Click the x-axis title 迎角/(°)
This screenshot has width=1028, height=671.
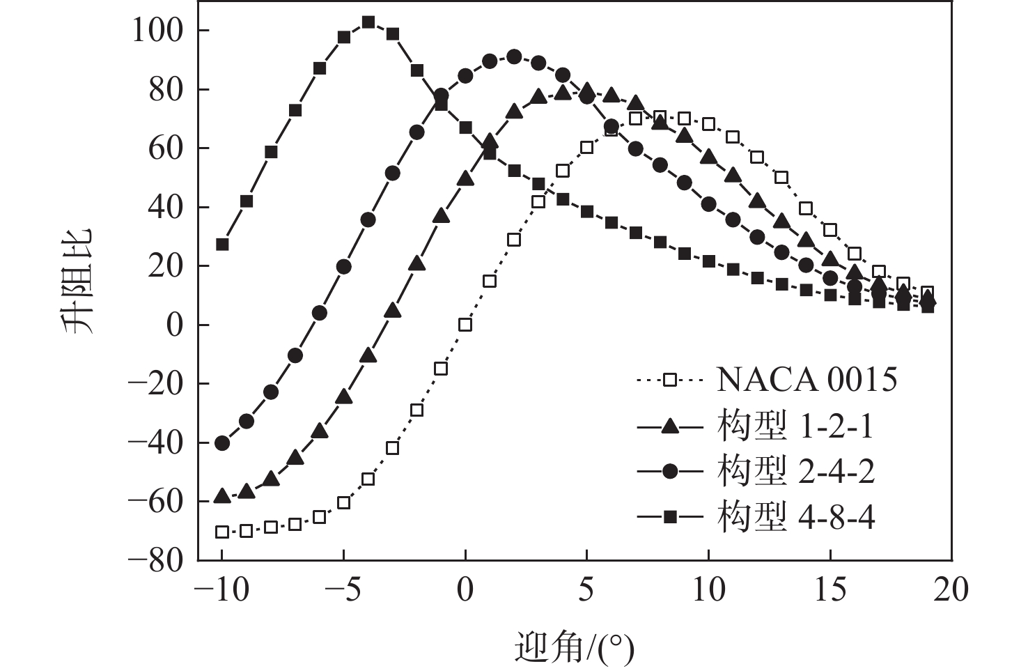tap(574, 649)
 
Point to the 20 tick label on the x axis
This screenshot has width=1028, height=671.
tap(951, 590)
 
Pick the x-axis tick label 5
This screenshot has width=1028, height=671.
tap(586, 590)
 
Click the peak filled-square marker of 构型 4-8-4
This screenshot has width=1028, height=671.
tap(368, 22)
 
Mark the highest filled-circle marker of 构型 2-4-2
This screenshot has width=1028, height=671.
tap(514, 56)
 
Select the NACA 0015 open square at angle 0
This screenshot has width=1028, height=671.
tap(465, 325)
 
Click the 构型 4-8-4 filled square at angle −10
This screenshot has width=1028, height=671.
tap(222, 245)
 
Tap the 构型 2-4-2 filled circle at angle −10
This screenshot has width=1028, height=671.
tap(222, 442)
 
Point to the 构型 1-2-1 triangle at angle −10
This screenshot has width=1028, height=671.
tap(222, 495)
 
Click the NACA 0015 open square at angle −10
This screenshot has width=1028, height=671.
tap(222, 532)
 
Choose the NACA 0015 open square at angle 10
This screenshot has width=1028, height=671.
tap(708, 124)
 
